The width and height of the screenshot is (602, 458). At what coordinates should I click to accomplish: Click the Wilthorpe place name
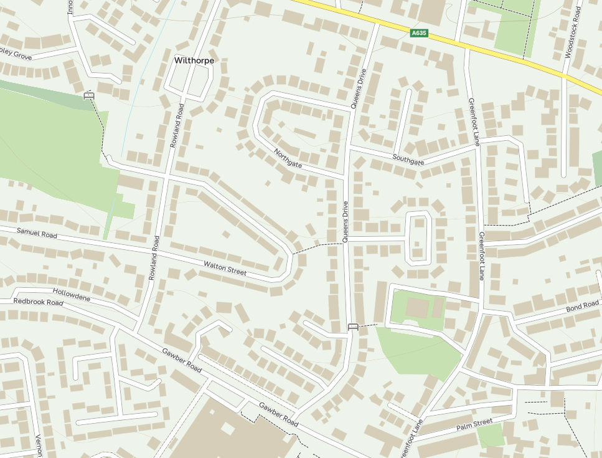click(x=194, y=60)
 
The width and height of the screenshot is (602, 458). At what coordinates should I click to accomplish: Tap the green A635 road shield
click(x=420, y=33)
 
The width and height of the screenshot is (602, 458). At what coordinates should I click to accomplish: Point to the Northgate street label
click(x=288, y=158)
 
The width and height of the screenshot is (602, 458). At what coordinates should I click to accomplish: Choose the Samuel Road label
click(x=37, y=234)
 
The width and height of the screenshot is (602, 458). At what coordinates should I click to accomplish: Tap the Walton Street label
click(x=225, y=269)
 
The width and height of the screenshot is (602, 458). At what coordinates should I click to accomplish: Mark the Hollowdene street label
click(x=71, y=295)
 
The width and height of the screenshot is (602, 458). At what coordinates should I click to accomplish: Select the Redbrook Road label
click(x=39, y=302)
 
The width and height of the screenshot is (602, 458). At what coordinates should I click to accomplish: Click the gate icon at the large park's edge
click(x=88, y=95)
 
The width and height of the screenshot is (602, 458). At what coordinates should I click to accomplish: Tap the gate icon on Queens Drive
click(x=353, y=327)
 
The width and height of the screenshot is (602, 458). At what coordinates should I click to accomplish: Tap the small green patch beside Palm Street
click(x=491, y=436)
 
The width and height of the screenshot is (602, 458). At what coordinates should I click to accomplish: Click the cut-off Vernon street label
click(x=37, y=445)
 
